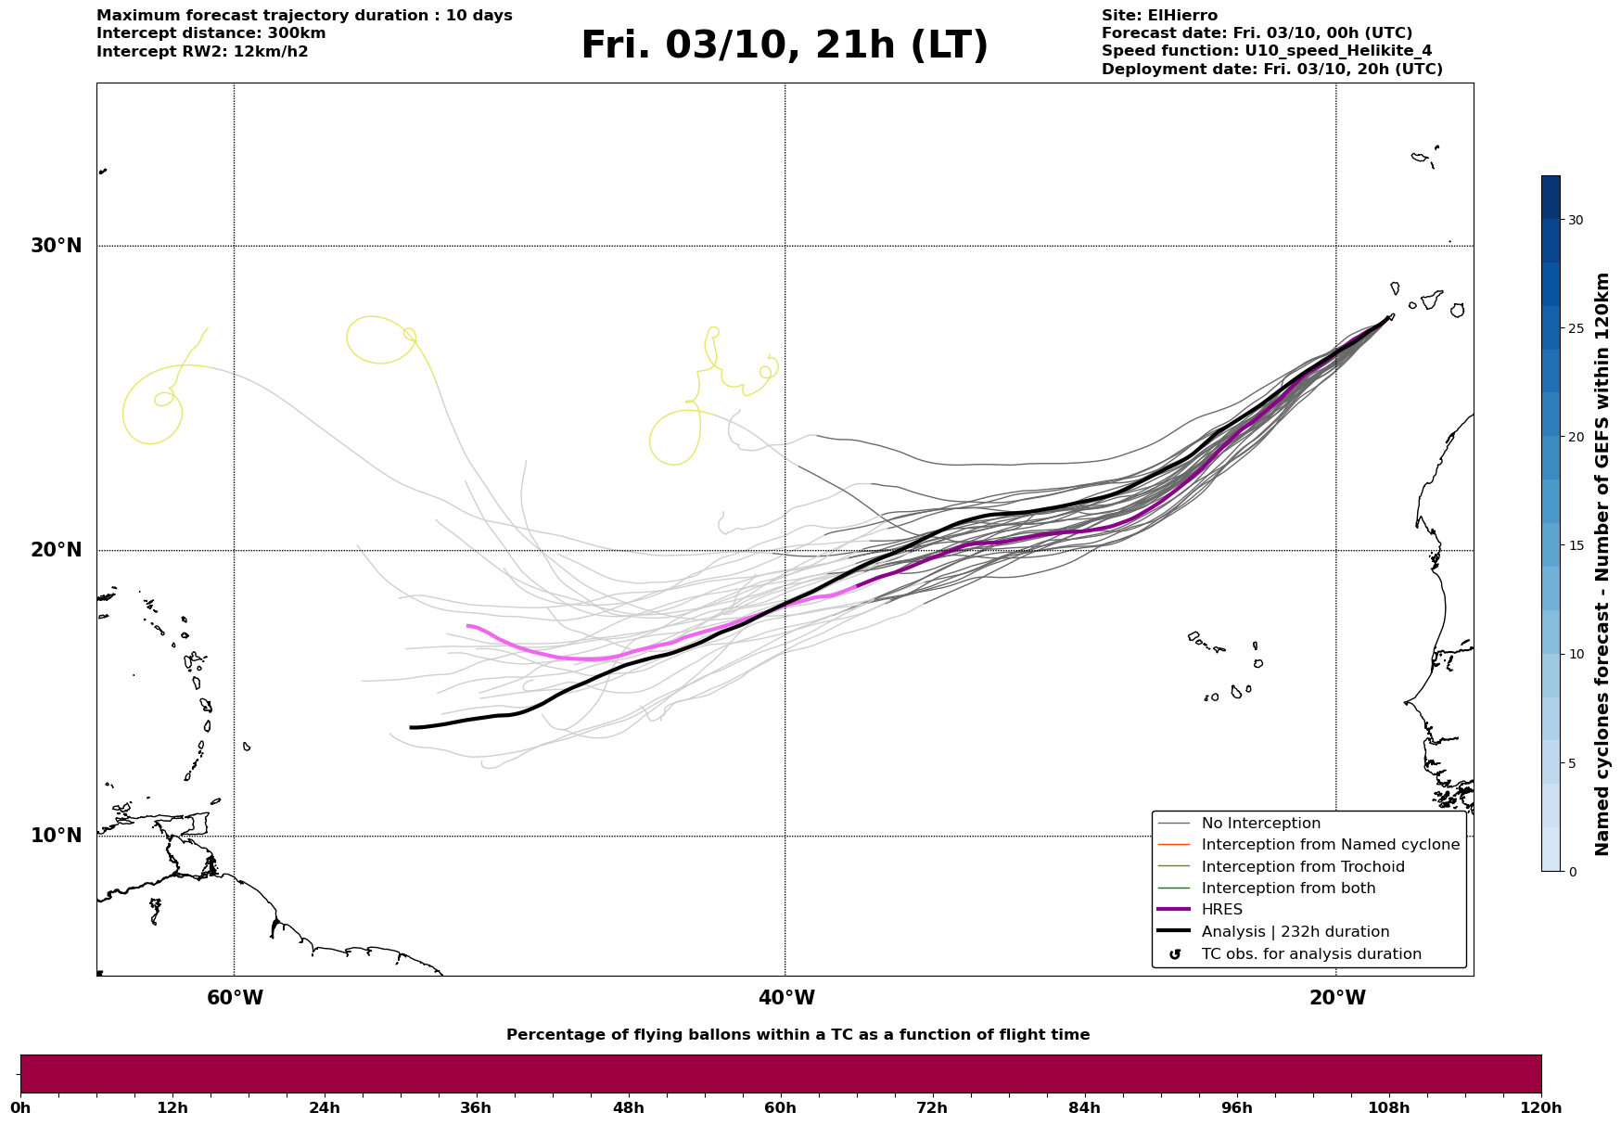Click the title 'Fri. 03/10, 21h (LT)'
[785, 45]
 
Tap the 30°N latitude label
[56, 246]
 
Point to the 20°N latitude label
[56, 550]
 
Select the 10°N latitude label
[56, 836]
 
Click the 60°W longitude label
[235, 998]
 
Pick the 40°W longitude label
[786, 998]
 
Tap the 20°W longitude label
[1337, 998]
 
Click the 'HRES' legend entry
[1221, 910]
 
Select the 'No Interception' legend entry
[1260, 824]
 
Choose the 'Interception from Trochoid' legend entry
[1302, 867]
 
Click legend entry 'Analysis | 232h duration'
[1295, 932]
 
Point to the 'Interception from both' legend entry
[1288, 888]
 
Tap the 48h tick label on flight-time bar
[628, 1107]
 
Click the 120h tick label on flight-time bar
[1540, 1107]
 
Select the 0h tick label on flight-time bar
[21, 1107]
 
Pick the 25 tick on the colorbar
[1575, 328]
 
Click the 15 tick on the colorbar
[1575, 545]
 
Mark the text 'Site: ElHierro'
[1159, 16]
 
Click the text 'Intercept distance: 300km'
[211, 33]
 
